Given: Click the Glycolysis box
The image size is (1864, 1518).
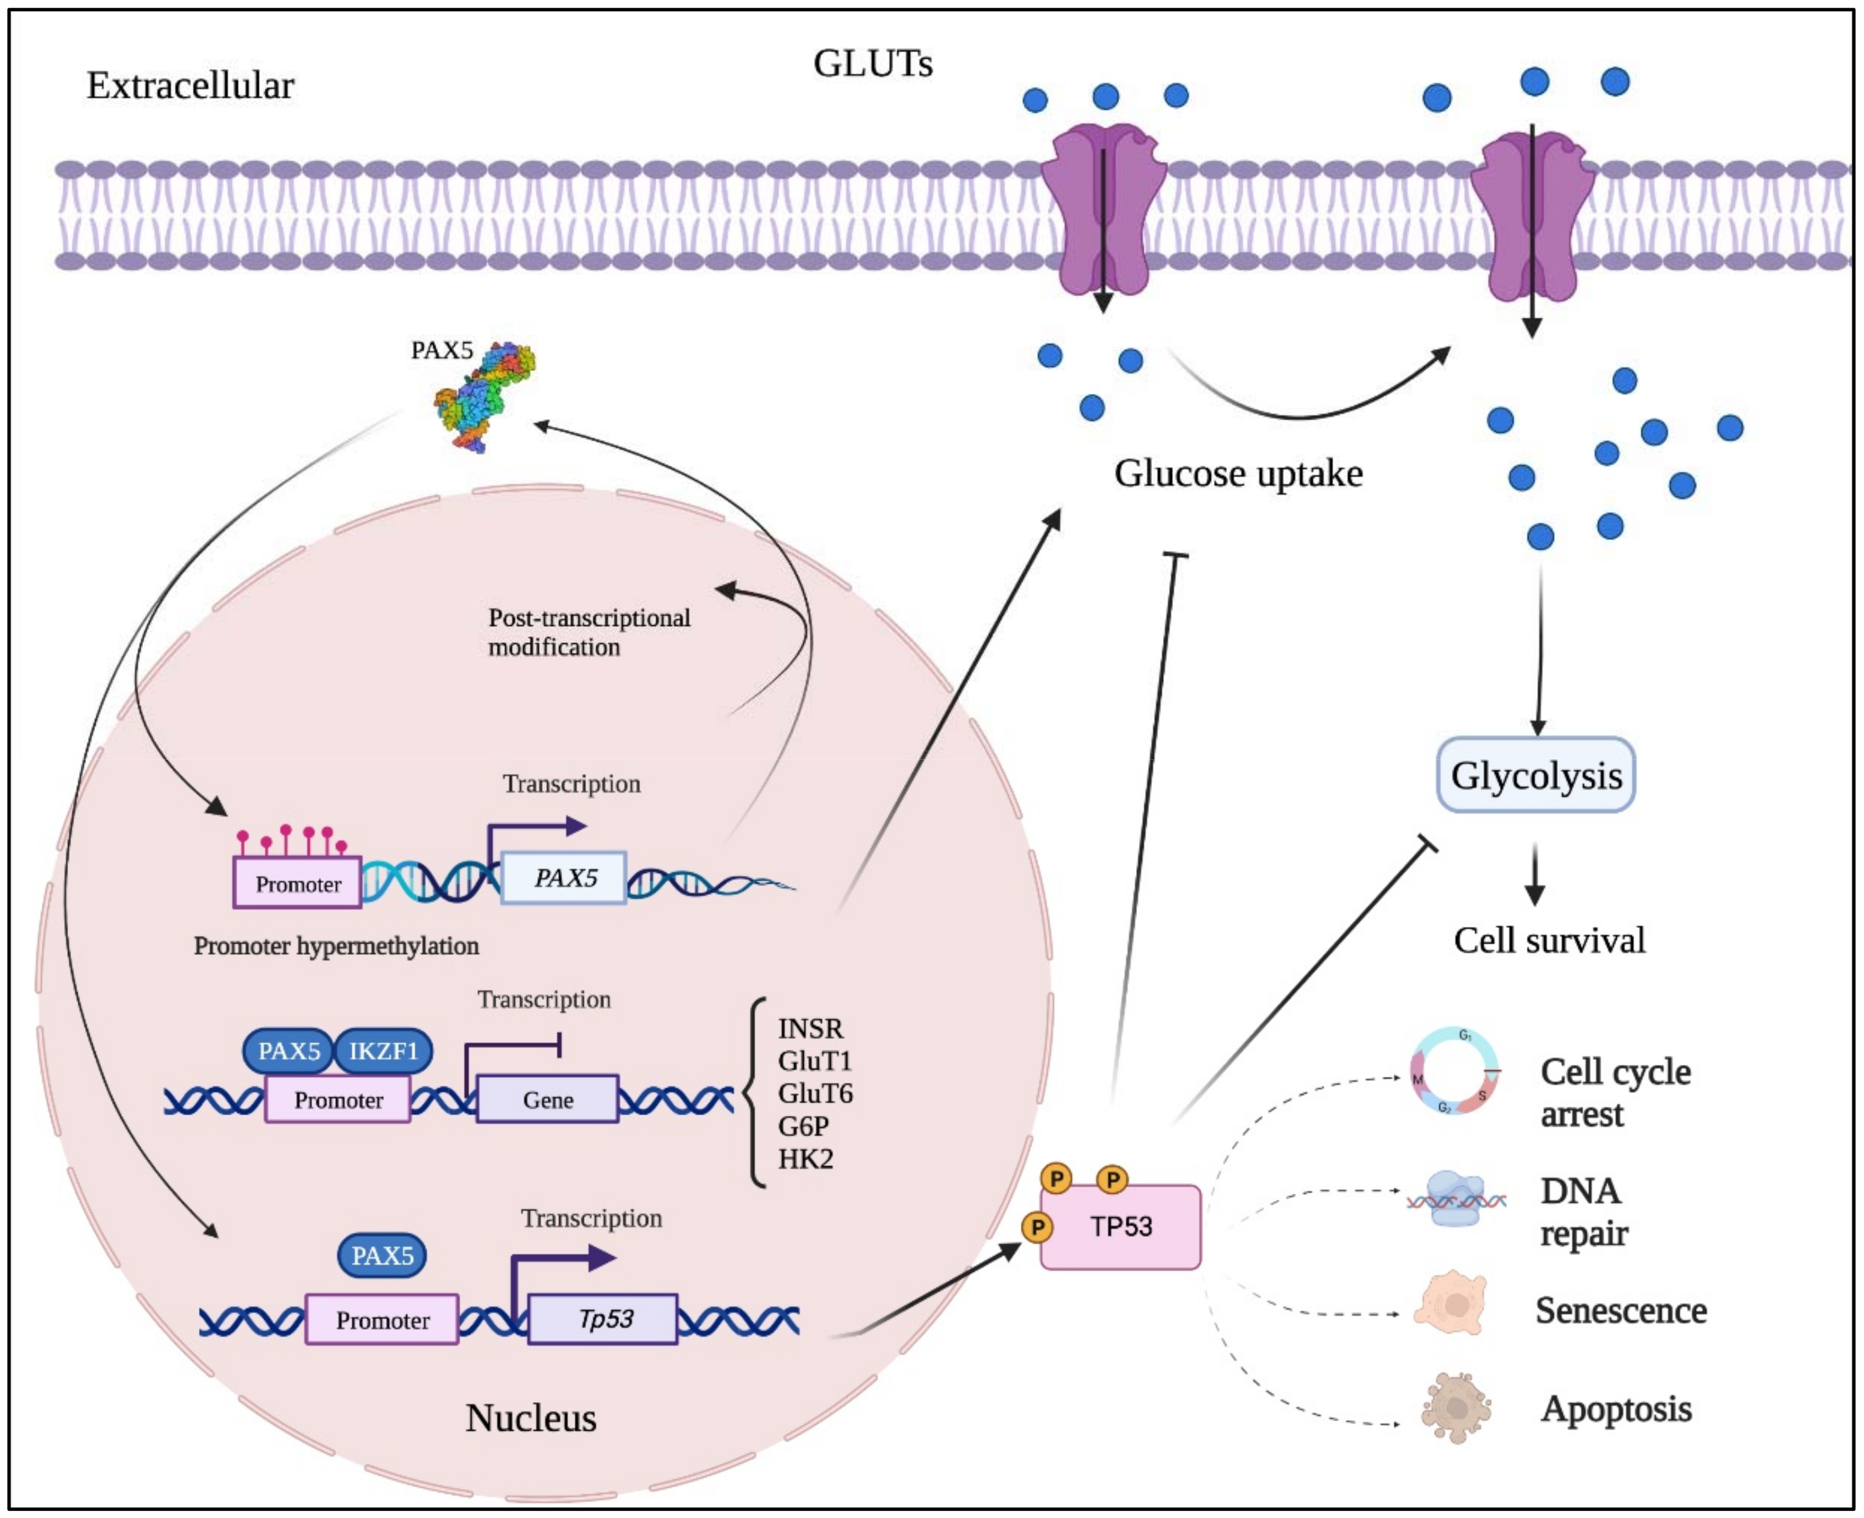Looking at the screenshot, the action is point(1535,775).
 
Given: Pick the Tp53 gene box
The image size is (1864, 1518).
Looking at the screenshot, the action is point(603,1319).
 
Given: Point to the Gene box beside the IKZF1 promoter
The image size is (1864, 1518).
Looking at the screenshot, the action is point(547,1099).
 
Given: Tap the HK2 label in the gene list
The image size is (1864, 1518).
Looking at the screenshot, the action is point(805,1159).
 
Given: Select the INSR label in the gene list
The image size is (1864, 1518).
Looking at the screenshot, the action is point(810,1028).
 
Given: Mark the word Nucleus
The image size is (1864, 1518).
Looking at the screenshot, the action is point(531,1417).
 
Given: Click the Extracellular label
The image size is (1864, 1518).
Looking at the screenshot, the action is point(191,86).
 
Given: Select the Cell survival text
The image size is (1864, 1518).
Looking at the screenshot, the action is point(1549,940).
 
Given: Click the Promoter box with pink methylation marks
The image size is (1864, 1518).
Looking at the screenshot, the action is point(297,883).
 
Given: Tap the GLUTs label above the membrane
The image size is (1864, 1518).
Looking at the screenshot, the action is point(872,63).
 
